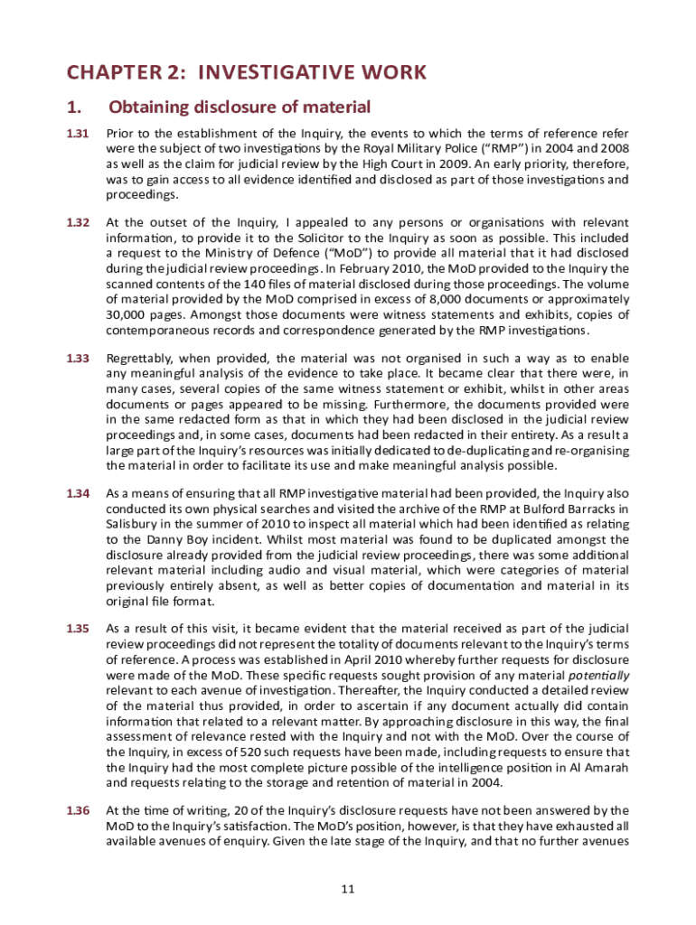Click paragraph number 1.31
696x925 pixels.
[78, 134]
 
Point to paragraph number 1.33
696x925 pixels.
[78, 359]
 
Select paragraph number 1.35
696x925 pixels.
[78, 628]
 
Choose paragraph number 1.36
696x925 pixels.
[78, 810]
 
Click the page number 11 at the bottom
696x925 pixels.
[348, 890]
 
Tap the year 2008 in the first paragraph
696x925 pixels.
[613, 149]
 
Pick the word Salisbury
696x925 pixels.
[134, 525]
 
